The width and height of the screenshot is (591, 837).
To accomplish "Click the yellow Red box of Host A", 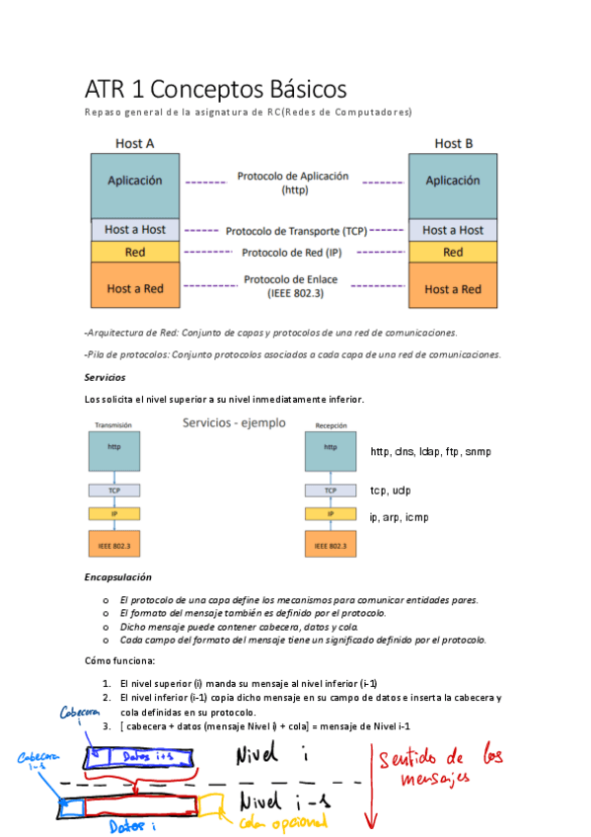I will [x=135, y=253].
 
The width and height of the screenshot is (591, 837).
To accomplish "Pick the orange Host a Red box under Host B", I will [x=453, y=288].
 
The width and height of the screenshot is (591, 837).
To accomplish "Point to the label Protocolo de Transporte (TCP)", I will [x=296, y=231].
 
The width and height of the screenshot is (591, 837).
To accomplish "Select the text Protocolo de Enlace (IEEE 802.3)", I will [x=293, y=286].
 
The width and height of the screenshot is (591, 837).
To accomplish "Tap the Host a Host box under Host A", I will [x=135, y=230].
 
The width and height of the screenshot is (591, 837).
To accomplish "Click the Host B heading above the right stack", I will [x=454, y=144].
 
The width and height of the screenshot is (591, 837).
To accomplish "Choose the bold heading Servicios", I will [x=105, y=378].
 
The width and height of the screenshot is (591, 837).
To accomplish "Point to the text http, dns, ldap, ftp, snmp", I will [x=431, y=452].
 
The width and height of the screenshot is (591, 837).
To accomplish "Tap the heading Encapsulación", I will [x=117, y=577].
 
